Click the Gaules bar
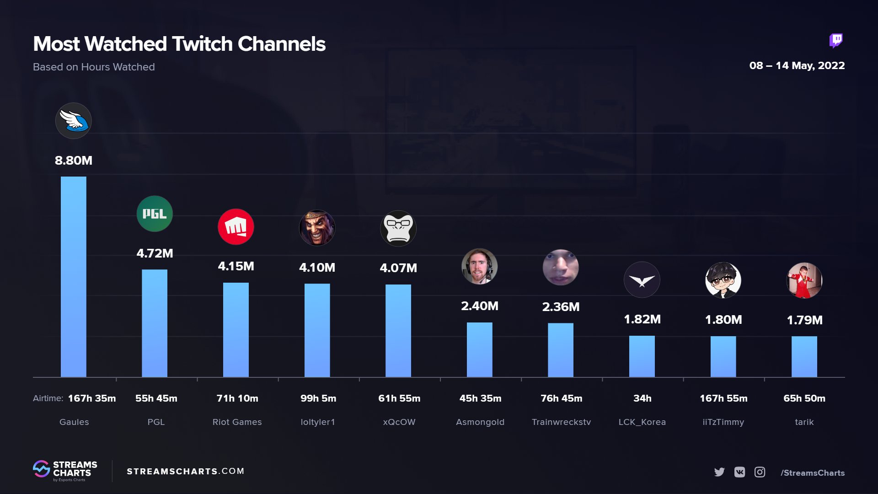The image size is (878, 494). point(73,277)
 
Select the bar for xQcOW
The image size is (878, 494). point(398,331)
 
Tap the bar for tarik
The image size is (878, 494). point(804,356)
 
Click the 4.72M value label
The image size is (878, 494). point(155,253)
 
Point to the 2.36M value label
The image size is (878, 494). point(561,307)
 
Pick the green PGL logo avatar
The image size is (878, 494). point(155,214)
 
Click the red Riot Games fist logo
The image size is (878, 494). point(236,227)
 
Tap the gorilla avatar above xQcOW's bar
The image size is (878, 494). point(398,228)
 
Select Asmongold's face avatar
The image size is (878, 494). point(479,267)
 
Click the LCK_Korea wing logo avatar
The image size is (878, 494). point(642,280)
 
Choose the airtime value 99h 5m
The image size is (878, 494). point(318,398)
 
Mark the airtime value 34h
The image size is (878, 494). point(642,398)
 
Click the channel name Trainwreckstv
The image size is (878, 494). point(561,422)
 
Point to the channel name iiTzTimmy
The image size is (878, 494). point(723,422)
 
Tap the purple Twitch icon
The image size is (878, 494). point(836,41)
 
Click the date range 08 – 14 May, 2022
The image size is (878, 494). point(797,66)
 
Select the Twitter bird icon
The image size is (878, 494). point(719,472)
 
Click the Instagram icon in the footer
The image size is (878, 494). point(760,472)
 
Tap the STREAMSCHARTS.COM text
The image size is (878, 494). point(185,471)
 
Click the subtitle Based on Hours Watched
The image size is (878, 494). point(94,67)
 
